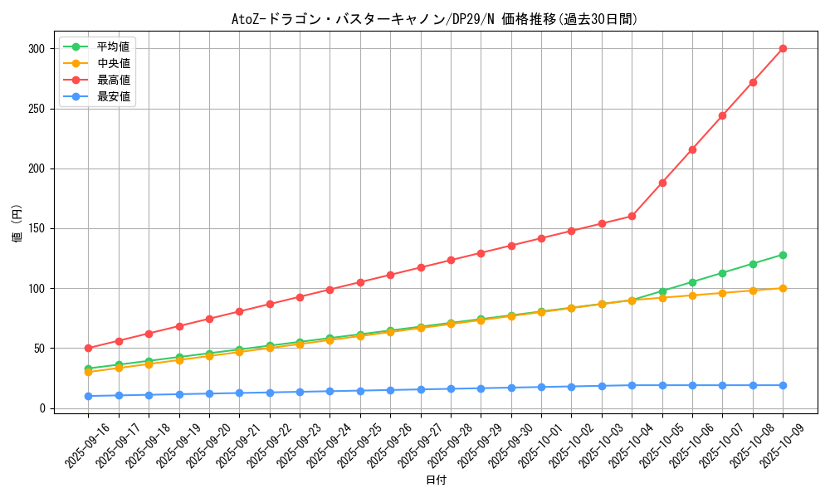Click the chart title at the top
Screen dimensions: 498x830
435,19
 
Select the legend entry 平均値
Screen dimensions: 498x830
114,46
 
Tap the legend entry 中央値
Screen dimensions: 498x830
114,63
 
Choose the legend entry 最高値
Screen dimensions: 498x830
114,80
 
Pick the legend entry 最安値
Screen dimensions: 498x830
114,96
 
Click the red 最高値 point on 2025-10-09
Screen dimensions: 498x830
783,48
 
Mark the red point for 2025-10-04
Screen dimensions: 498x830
632,216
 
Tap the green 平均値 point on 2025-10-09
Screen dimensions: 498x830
783,255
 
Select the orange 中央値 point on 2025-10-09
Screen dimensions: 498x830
783,288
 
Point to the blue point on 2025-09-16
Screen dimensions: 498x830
88,396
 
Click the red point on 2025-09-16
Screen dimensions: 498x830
88,348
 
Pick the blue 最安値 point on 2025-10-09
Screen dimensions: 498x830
783,385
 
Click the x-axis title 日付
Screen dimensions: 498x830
436,481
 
